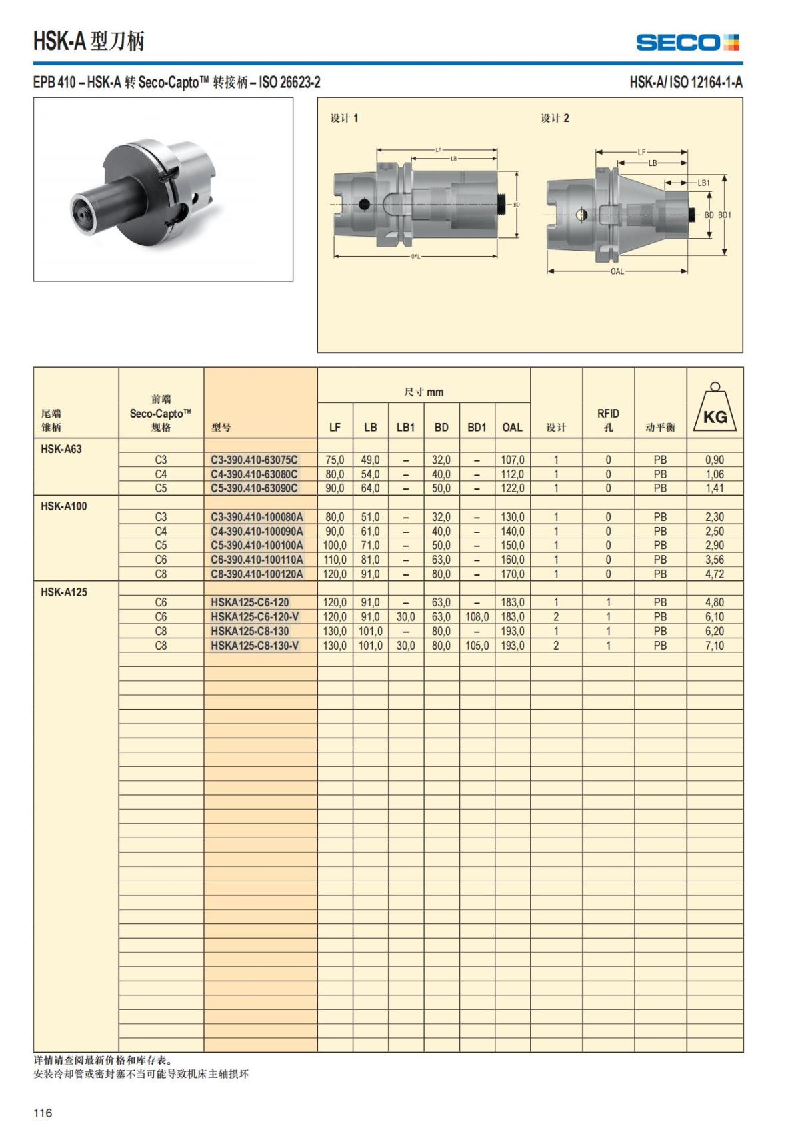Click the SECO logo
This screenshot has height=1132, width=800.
click(687, 43)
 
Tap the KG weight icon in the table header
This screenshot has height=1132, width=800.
click(715, 408)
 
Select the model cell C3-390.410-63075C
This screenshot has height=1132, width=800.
click(254, 460)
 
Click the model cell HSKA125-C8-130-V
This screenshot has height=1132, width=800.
click(255, 646)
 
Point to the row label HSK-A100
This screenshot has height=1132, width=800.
click(63, 506)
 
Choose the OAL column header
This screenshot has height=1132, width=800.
click(512, 427)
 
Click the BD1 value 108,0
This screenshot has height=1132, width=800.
click(477, 617)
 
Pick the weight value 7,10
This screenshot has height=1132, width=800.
click(714, 646)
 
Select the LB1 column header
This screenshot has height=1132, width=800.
click(405, 427)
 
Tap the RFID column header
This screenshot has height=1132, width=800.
click(608, 420)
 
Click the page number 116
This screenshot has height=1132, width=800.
click(43, 1113)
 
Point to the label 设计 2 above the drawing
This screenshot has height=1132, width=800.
click(555, 118)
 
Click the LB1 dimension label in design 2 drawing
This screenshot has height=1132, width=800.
click(703, 183)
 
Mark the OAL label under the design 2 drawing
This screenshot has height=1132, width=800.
click(617, 271)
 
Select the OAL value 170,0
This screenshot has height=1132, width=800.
click(512, 574)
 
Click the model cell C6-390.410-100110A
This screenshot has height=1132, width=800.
click(257, 560)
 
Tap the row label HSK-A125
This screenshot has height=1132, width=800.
click(63, 592)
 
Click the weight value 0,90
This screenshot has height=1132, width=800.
click(714, 460)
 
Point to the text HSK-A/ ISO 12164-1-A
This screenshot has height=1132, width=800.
click(685, 83)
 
